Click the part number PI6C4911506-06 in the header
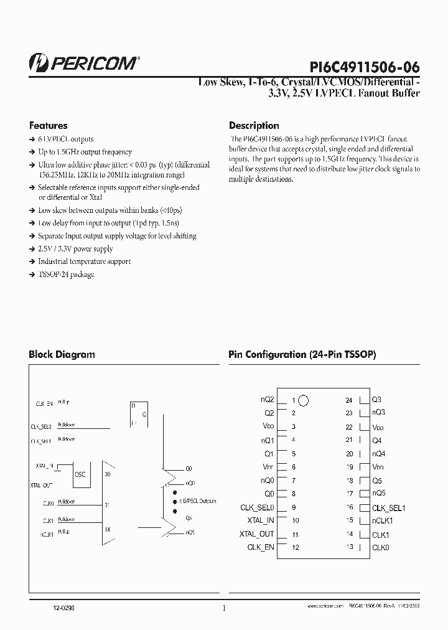pos(364,67)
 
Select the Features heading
pos(48,125)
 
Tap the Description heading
pos(254,125)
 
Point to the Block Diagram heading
pos(62,354)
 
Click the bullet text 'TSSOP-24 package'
pos(66,275)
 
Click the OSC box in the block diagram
pos(80,473)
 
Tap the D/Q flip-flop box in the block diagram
pos(138,414)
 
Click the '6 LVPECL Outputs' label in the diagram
pos(197,500)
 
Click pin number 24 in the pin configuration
pos(349,400)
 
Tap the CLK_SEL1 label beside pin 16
pos(389,507)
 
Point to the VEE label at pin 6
pos(268,467)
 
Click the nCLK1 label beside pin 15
pos(383,520)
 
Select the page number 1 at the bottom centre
pos(224,608)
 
